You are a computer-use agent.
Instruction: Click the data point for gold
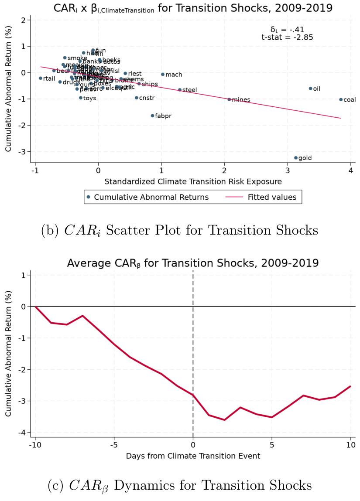click(x=296, y=158)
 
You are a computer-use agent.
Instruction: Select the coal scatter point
click(x=341, y=99)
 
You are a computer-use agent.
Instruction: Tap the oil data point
click(x=311, y=89)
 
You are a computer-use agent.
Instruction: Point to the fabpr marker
click(x=153, y=116)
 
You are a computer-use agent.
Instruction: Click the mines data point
click(x=229, y=99)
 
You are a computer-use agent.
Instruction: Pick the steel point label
click(x=189, y=90)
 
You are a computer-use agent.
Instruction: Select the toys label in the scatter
click(x=89, y=98)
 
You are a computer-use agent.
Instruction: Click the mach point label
click(x=174, y=75)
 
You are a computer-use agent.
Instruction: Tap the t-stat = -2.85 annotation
click(x=287, y=37)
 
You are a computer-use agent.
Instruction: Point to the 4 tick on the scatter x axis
click(x=350, y=170)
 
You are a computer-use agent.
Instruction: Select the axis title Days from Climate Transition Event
click(x=193, y=456)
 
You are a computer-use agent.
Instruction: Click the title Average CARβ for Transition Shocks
click(x=192, y=263)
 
